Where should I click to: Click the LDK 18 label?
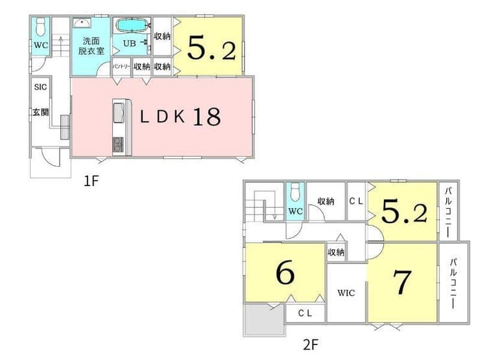click(x=180, y=116)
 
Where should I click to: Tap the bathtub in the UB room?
click(x=132, y=25)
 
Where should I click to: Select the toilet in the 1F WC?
click(x=41, y=27)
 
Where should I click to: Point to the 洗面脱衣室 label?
click(x=91, y=46)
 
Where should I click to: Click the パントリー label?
click(x=121, y=66)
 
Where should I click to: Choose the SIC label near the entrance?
click(x=40, y=87)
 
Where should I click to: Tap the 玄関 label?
click(x=41, y=112)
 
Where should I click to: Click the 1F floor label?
click(x=91, y=181)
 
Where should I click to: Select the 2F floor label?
click(x=311, y=345)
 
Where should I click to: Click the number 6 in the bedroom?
click(x=285, y=272)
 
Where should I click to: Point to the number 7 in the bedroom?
click(x=402, y=282)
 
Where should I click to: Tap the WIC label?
click(x=346, y=293)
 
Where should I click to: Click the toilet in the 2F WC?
click(x=295, y=192)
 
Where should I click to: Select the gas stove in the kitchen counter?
click(x=118, y=145)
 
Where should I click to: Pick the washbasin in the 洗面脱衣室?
click(x=82, y=23)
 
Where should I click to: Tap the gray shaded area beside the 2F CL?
click(x=265, y=320)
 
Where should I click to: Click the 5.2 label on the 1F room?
click(x=211, y=48)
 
